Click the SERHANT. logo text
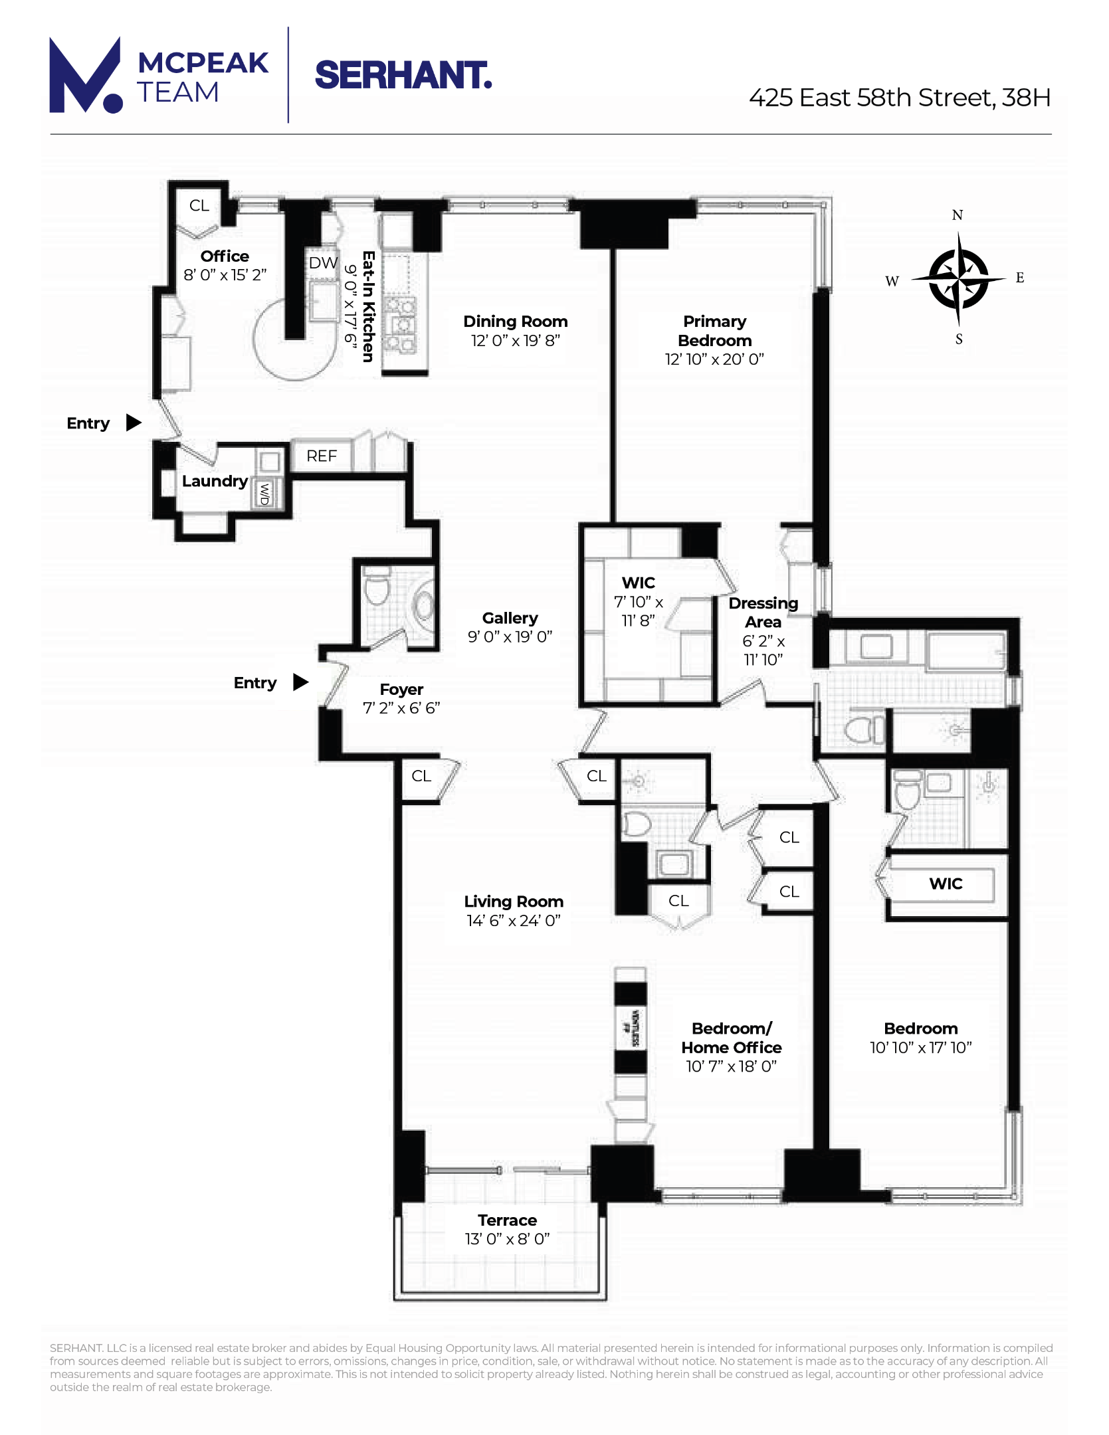tap(403, 75)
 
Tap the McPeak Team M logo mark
tap(85, 76)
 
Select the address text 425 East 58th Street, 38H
tap(899, 98)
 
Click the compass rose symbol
tap(958, 279)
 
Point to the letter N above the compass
tap(957, 215)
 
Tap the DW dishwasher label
tap(323, 263)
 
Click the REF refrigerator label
tap(322, 456)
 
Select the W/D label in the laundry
tap(264, 494)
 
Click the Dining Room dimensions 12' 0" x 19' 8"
tap(515, 341)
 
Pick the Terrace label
tap(507, 1220)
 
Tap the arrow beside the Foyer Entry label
tap(300, 682)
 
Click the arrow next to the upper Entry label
tap(134, 423)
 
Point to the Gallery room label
tap(510, 618)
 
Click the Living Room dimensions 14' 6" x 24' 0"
tap(513, 921)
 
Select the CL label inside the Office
tap(199, 206)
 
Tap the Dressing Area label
tap(763, 613)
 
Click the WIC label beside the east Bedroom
tap(946, 884)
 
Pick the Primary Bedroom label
tap(714, 331)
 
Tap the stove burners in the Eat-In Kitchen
tap(401, 326)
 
